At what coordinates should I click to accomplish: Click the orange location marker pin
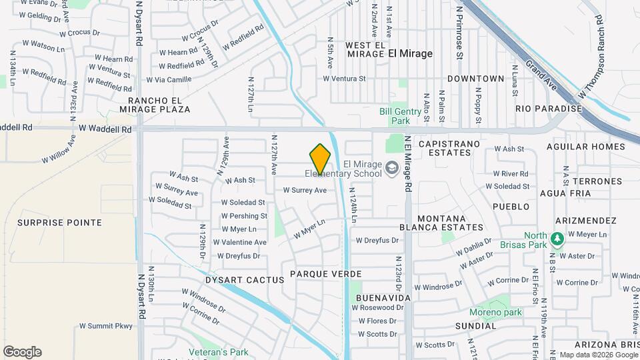pyautogui.click(x=320, y=159)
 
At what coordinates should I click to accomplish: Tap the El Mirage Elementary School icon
pyautogui.click(x=390, y=167)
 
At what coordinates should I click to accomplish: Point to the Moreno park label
pyautogui.click(x=495, y=312)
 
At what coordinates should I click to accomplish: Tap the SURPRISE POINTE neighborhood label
pyautogui.click(x=60, y=223)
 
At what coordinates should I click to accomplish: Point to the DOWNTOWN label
pyautogui.click(x=476, y=79)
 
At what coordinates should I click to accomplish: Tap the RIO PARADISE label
pyautogui.click(x=549, y=109)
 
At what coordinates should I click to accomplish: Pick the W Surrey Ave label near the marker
pyautogui.click(x=305, y=190)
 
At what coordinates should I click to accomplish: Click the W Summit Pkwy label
pyautogui.click(x=106, y=326)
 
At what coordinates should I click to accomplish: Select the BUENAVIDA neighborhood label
pyautogui.click(x=383, y=297)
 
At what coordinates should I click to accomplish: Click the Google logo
pyautogui.click(x=22, y=352)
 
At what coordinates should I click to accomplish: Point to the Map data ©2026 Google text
pyautogui.click(x=598, y=355)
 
